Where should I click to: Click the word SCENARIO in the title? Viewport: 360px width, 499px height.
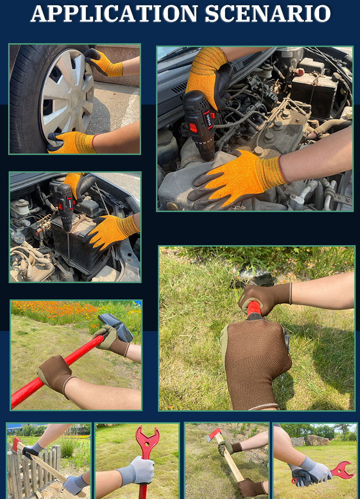click(x=268, y=14)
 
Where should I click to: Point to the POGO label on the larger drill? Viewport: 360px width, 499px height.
click(x=208, y=121)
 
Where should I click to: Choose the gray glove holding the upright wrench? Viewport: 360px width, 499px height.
click(x=137, y=470)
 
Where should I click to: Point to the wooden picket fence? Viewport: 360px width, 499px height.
click(x=32, y=468)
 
